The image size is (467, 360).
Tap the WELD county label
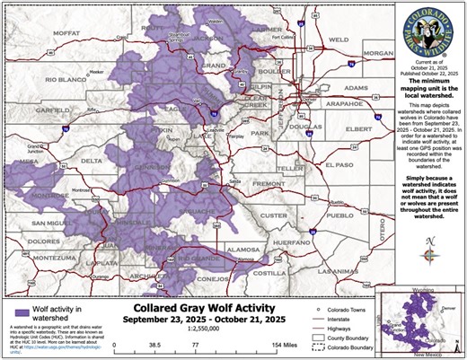pos(339,40)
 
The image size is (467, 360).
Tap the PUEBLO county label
pos(336,215)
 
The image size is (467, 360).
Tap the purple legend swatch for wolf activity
pos(16,309)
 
